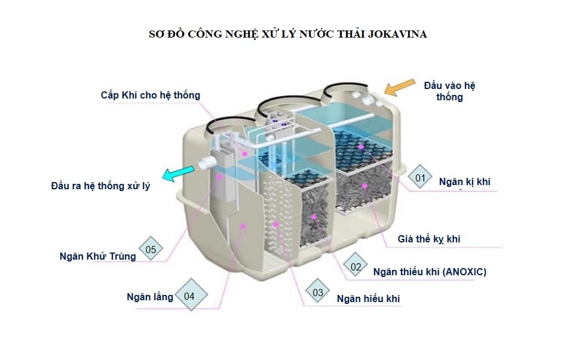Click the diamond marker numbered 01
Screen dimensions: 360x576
420,177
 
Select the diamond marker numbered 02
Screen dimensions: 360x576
356,267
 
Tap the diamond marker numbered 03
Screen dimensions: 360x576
318,293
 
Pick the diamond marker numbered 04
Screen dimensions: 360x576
189,296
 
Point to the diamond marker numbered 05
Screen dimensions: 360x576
151,250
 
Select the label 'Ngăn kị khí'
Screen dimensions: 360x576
464,181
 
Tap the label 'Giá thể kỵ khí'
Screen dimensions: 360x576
429,239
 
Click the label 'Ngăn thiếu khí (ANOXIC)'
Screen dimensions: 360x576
430,272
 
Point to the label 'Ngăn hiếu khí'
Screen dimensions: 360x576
368,299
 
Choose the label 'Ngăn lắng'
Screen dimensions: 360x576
150,297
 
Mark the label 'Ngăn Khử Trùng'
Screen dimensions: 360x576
97,256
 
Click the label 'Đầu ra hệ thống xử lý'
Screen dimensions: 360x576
100,186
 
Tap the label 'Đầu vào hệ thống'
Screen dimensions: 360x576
449,91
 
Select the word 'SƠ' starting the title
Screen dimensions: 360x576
156,34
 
